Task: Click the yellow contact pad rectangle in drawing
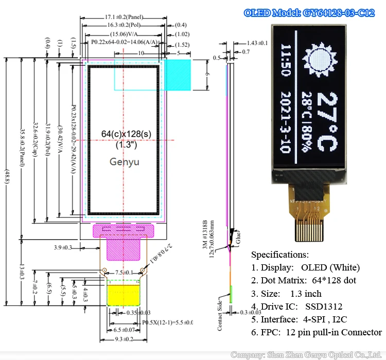(x=124, y=294)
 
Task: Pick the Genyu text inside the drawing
(x=125, y=161)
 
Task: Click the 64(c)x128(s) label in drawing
(x=124, y=134)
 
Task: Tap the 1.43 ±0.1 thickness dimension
(x=257, y=43)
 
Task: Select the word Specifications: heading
(x=279, y=255)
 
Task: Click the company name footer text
(x=307, y=354)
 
